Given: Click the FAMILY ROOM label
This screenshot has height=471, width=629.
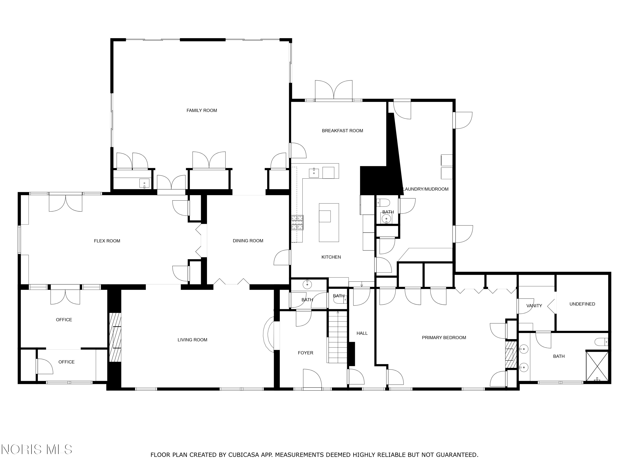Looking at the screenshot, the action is pyautogui.click(x=202, y=111).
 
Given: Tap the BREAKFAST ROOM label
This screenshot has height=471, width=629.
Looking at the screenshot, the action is pyautogui.click(x=342, y=131).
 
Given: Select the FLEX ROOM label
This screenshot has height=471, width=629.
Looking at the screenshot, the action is pyautogui.click(x=107, y=241).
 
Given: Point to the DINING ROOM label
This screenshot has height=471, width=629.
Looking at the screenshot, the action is pyautogui.click(x=248, y=241).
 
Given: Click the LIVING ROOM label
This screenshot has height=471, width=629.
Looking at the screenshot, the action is pyautogui.click(x=192, y=340).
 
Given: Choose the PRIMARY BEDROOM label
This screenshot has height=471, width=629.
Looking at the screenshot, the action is pyautogui.click(x=444, y=338).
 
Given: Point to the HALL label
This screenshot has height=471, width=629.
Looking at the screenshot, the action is pyautogui.click(x=362, y=333).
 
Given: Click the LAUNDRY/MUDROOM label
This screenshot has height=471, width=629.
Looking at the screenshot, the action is pyautogui.click(x=426, y=189).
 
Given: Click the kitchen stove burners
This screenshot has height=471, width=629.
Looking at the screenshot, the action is pyautogui.click(x=297, y=223).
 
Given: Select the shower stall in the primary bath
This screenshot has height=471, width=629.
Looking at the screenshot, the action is pyautogui.click(x=597, y=366).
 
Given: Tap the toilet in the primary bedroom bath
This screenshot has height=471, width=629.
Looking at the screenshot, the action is pyautogui.click(x=601, y=342).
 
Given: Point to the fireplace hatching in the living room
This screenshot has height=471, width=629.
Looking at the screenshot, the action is pyautogui.click(x=115, y=337).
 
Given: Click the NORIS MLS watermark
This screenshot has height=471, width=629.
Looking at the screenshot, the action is pyautogui.click(x=36, y=449).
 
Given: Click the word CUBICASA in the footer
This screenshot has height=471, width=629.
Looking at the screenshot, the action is pyautogui.click(x=244, y=455).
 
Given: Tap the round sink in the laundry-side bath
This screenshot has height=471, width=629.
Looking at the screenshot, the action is pyautogui.click(x=386, y=219).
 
